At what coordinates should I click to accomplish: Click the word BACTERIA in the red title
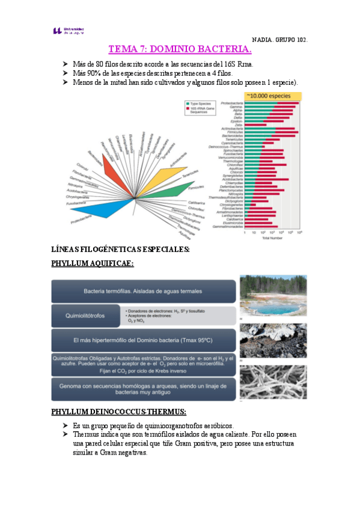coord(221,49)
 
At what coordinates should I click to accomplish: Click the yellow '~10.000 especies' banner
coord(273,96)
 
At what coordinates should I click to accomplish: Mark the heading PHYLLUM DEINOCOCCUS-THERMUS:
coord(118,412)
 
